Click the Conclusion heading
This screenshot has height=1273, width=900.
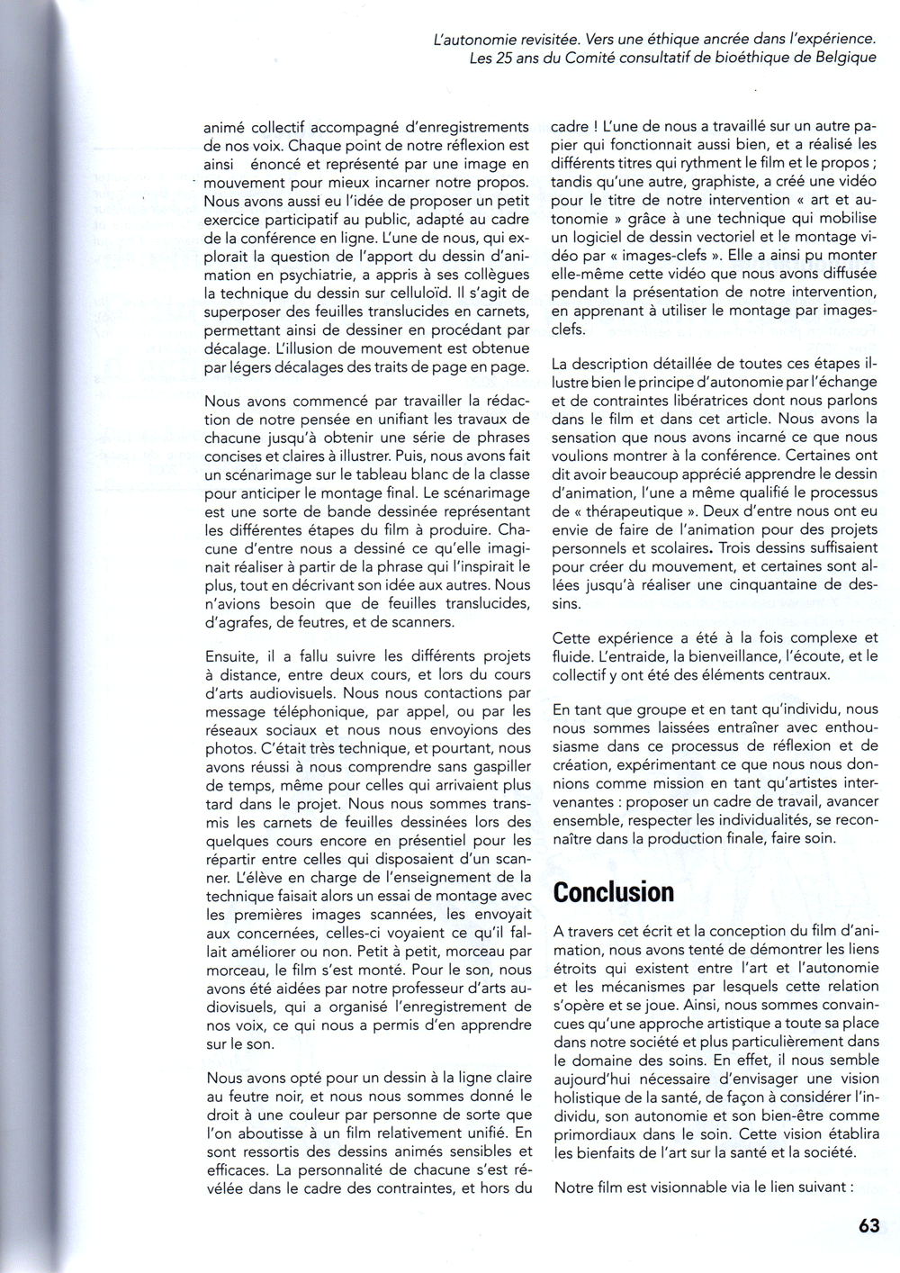614,892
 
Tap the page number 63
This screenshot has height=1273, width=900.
868,1226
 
